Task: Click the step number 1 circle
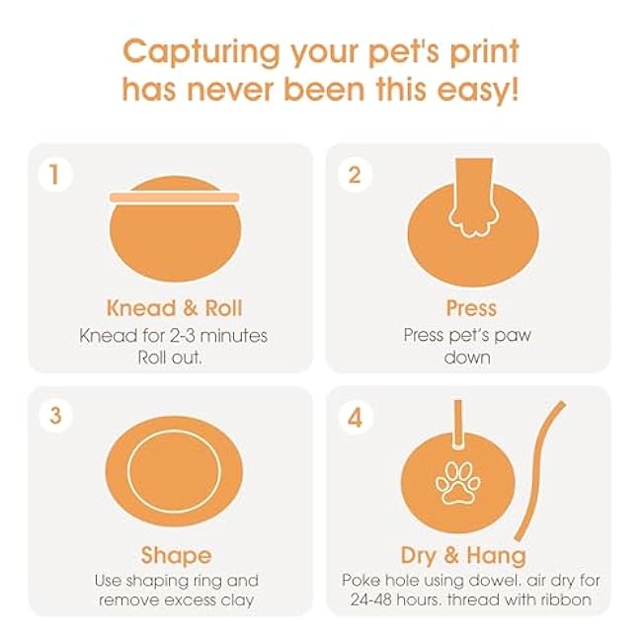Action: click(55, 174)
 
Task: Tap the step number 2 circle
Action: click(355, 175)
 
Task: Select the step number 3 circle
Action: click(55, 415)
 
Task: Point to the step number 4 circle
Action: click(356, 418)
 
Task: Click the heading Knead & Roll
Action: click(175, 308)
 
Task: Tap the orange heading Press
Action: click(471, 308)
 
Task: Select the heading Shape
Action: click(176, 556)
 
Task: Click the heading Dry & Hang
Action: click(463, 556)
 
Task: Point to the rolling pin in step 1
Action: click(175, 198)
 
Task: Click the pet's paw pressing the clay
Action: click(474, 198)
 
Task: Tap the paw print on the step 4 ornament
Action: click(457, 482)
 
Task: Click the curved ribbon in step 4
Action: click(539, 471)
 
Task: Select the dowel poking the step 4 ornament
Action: click(458, 424)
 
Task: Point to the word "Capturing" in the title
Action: click(201, 53)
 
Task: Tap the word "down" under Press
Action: click(467, 357)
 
